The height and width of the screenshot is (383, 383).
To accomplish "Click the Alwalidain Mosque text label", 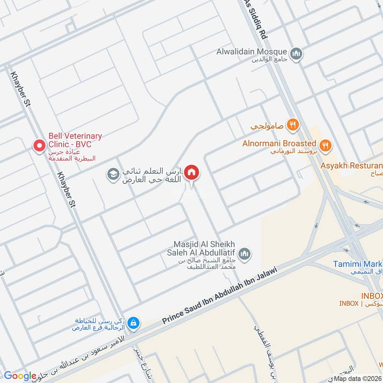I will point(251,52).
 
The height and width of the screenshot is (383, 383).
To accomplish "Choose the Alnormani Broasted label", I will point(279,143).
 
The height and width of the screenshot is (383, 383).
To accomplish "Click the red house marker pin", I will point(191,172).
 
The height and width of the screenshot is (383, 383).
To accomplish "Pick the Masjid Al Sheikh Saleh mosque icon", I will point(245,253).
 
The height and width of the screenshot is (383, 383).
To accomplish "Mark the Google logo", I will point(20,376).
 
